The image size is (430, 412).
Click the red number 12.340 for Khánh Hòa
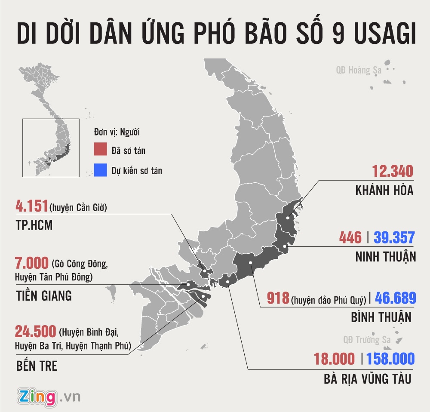coord(392,172)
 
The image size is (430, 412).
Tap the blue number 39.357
coord(394,237)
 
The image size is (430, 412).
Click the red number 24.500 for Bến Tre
coord(36,332)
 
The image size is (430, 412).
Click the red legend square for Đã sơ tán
coord(101,150)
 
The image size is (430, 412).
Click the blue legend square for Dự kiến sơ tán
coord(101,170)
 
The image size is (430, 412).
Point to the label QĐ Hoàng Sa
coord(359,70)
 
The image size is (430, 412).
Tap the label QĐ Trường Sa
coord(361,340)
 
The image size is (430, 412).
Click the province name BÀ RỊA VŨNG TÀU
coord(368,379)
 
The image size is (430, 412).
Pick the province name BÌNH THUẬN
coord(381,318)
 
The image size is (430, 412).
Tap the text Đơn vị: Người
coord(117,131)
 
